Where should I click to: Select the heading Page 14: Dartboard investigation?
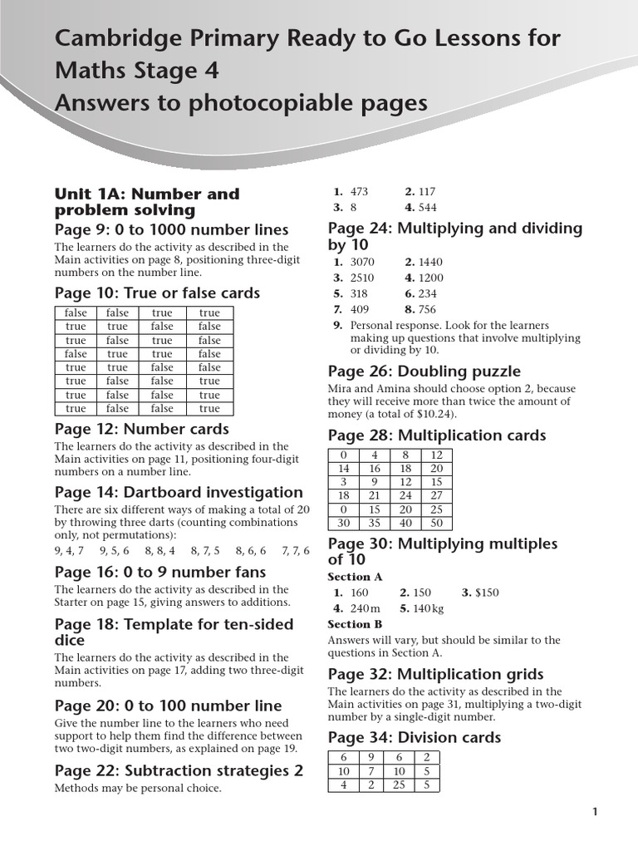pyautogui.click(x=179, y=492)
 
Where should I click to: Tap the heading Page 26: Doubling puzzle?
pyautogui.click(x=424, y=371)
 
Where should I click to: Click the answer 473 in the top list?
pyautogui.click(x=359, y=192)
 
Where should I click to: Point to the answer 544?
pyautogui.click(x=427, y=208)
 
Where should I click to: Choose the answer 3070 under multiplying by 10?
pyautogui.click(x=363, y=263)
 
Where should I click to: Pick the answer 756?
pyautogui.click(x=427, y=309)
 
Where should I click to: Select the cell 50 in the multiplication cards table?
pyautogui.click(x=437, y=523)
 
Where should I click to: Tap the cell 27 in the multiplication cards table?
pyautogui.click(x=437, y=495)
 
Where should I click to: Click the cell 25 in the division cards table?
pyautogui.click(x=399, y=785)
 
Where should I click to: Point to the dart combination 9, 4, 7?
pyautogui.click(x=69, y=550)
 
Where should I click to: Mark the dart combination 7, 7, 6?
pyautogui.click(x=295, y=550)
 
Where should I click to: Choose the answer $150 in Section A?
pyautogui.click(x=485, y=593)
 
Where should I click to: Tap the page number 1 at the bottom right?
pyautogui.click(x=595, y=813)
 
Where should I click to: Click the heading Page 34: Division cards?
pyautogui.click(x=414, y=737)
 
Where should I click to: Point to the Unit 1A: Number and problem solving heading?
pyautogui.click(x=146, y=202)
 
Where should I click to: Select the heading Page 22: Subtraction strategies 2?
pyautogui.click(x=179, y=770)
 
